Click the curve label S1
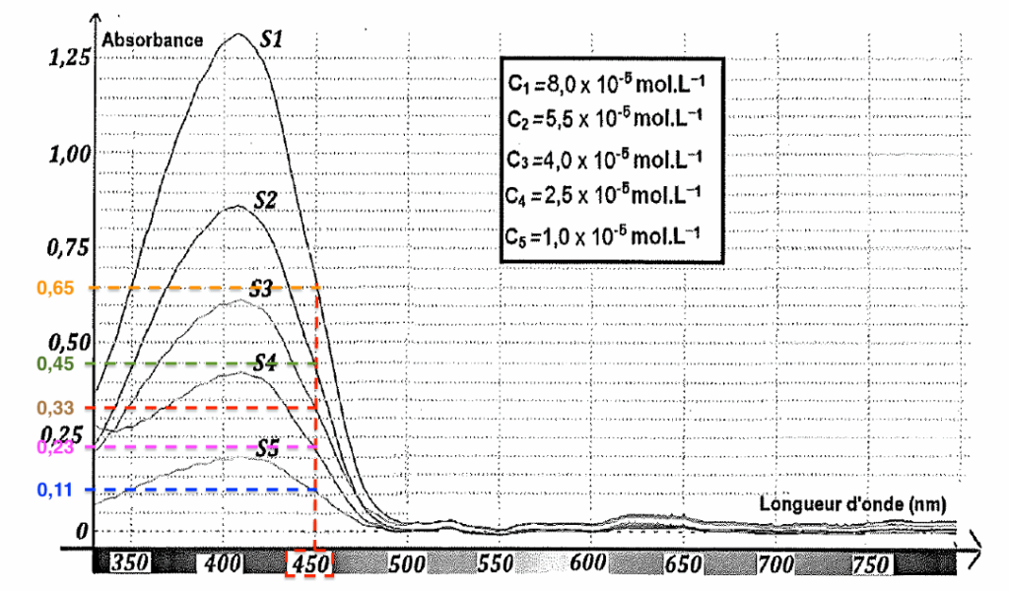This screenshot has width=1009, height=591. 272,40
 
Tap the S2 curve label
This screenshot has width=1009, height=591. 265,200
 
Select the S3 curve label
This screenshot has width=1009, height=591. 260,289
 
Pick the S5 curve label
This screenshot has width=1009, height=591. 268,448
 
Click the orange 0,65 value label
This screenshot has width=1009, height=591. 54,289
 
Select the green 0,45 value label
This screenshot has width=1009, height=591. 54,363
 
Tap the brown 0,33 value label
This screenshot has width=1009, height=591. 54,408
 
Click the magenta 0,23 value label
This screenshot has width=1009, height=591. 54,447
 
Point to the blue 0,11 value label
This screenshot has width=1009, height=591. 54,490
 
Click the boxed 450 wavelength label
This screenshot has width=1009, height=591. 310,564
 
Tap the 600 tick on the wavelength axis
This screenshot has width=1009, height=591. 587,564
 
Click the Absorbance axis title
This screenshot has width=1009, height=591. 152,40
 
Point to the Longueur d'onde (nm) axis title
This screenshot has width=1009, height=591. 852,503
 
